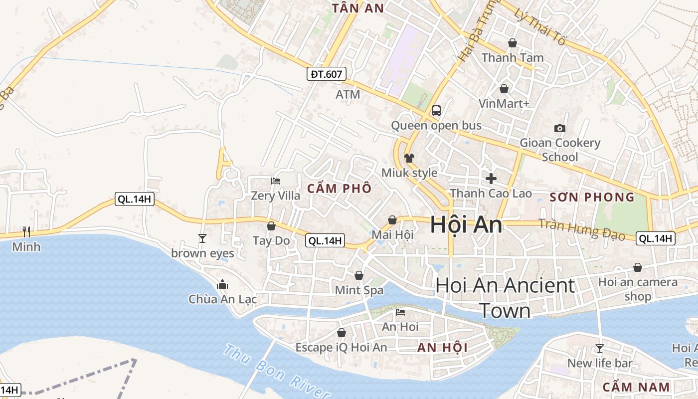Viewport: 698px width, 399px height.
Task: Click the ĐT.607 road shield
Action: tap(326, 74)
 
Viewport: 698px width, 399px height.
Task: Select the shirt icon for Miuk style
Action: tap(409, 158)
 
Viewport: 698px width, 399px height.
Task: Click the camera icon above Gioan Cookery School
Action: tap(559, 128)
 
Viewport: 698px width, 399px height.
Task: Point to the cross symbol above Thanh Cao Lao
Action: tap(491, 178)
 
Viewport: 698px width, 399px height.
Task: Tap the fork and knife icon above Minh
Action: tap(26, 231)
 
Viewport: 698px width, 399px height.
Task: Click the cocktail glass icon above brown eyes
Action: tap(202, 238)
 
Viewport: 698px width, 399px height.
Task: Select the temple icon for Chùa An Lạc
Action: tap(222, 285)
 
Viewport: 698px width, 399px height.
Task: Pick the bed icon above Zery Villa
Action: tap(276, 181)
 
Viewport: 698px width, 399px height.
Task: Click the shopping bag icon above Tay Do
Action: tap(271, 226)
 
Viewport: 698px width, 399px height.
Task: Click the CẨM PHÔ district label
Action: tap(340, 189)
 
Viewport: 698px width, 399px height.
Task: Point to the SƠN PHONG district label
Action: tap(592, 197)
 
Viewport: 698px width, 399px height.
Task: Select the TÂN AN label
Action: tap(358, 8)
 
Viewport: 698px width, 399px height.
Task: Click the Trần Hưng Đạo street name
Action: tap(582, 230)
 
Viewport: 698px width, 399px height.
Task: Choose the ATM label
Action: tap(348, 94)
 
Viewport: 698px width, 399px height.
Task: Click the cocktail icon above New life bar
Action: tap(600, 348)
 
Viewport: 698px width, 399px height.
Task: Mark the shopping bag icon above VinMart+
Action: tap(504, 89)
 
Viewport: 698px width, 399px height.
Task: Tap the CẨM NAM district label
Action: tap(636, 387)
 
